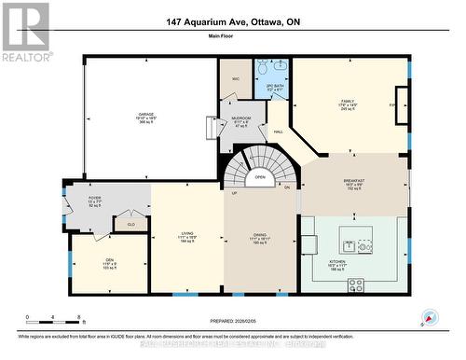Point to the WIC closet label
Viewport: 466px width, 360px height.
click(x=235, y=77)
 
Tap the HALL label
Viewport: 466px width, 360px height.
click(x=278, y=132)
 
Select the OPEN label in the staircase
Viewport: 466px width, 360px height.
click(x=260, y=176)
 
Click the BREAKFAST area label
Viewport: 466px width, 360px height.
click(x=353, y=181)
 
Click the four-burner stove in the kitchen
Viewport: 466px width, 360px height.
click(x=364, y=246)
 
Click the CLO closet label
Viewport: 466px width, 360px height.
click(x=130, y=224)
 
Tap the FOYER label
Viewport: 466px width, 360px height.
click(x=95, y=197)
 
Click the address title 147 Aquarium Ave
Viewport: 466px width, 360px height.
click(x=233, y=21)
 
